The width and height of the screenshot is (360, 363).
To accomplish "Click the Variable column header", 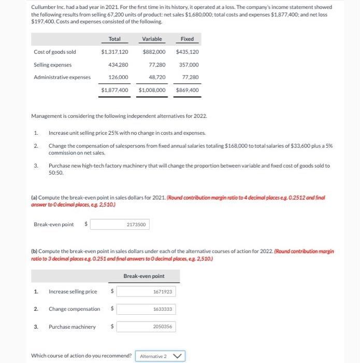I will click(x=152, y=39).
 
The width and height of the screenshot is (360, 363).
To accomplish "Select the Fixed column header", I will click(x=187, y=39).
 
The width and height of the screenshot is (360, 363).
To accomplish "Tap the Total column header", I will click(x=114, y=39).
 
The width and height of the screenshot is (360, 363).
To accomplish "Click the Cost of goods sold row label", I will click(x=55, y=52).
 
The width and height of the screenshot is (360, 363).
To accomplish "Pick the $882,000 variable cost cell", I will click(x=154, y=52).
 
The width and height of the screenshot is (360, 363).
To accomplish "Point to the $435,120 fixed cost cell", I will click(x=187, y=52).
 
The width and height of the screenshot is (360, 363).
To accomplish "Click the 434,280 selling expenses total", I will click(x=118, y=65).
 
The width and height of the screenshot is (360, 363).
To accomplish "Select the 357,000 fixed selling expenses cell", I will click(x=189, y=65).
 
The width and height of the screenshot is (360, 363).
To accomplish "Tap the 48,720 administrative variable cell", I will click(x=157, y=77).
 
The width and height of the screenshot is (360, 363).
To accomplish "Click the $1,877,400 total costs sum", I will click(x=114, y=90).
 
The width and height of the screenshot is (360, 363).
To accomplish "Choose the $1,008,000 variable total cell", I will click(x=152, y=90).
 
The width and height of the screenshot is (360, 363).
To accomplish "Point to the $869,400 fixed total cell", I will click(x=187, y=90).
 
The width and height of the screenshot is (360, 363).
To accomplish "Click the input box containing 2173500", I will click(x=137, y=225).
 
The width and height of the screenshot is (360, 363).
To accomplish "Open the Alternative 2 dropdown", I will click(x=160, y=356).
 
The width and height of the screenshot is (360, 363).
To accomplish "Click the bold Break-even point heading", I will click(x=144, y=276).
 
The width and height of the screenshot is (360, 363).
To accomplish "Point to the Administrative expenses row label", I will click(x=62, y=77).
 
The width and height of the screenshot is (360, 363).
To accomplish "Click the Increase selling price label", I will click(x=73, y=292).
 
